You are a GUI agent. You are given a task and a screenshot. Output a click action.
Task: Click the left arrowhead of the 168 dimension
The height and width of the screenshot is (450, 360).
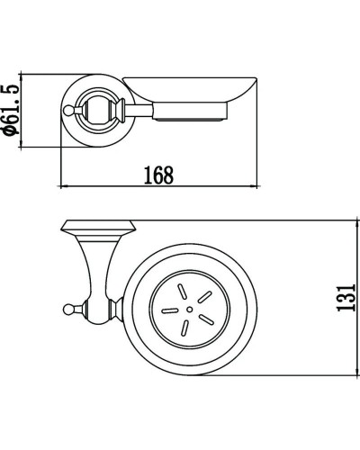63,185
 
